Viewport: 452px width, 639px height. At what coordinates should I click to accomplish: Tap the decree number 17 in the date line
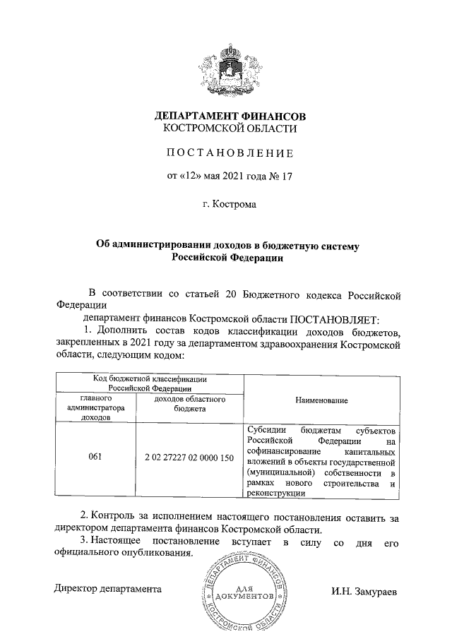point(286,176)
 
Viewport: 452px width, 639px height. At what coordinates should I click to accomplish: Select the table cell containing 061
point(95,457)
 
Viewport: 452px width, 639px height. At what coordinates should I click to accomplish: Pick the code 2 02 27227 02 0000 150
point(188,457)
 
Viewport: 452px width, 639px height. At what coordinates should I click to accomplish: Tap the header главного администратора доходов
point(95,408)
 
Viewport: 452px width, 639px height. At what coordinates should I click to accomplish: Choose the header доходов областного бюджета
point(189,404)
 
